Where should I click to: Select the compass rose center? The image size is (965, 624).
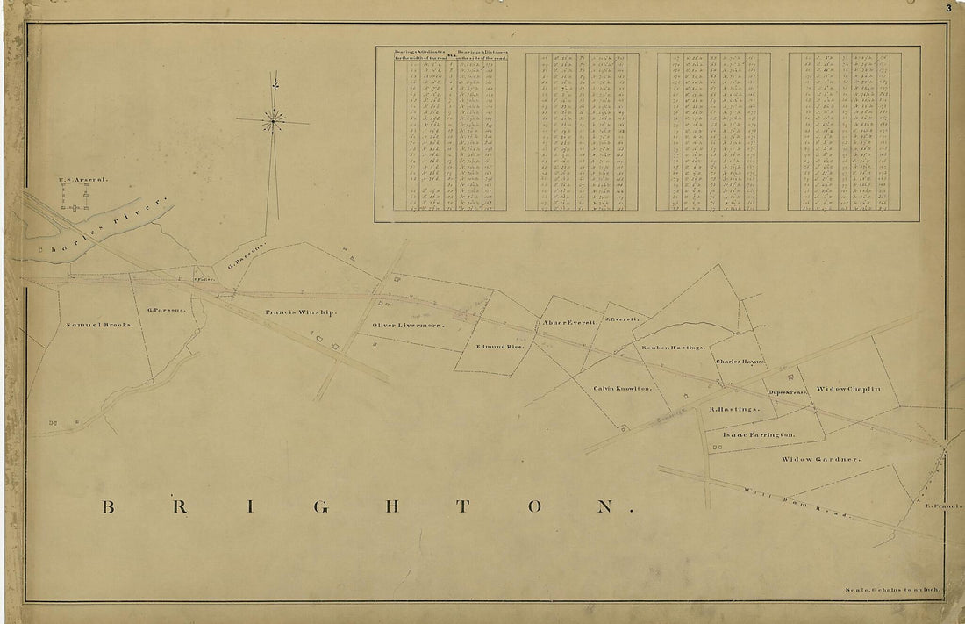[274, 121]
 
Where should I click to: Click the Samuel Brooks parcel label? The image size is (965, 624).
[99, 325]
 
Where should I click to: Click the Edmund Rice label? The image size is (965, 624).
[499, 347]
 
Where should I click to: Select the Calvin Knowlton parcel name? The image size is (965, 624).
[622, 388]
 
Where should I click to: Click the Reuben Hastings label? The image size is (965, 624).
[674, 348]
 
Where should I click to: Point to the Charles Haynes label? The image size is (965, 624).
[740, 362]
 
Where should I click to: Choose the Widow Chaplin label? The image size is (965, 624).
[847, 388]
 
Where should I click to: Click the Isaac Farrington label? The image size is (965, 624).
[759, 434]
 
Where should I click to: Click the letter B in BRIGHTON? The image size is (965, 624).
[109, 507]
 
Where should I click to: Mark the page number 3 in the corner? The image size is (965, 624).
[949, 8]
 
